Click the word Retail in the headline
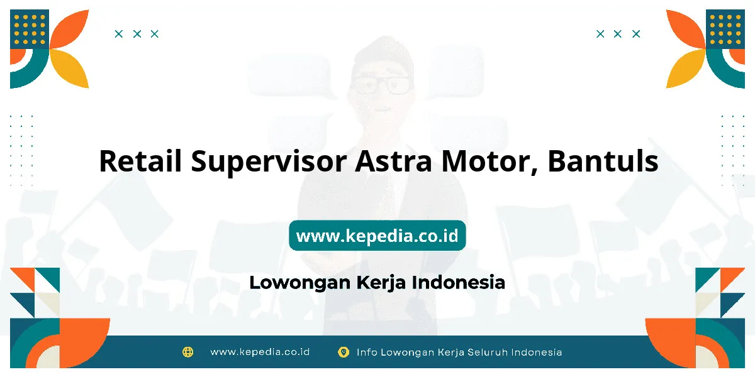[x=140, y=161]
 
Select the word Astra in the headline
[x=393, y=161]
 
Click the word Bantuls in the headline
[x=603, y=161]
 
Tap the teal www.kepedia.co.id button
[x=377, y=236]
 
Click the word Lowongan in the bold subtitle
[x=300, y=283]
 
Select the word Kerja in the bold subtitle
[x=381, y=283]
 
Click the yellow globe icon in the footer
[x=188, y=352]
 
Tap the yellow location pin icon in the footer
[x=344, y=352]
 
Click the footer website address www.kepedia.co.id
[x=260, y=352]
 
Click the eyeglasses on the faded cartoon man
[x=381, y=85]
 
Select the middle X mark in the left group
[x=137, y=34]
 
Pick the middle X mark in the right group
[x=617, y=34]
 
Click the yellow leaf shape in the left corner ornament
[x=70, y=68]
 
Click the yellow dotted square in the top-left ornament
[x=30, y=30]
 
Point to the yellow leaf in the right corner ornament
[x=685, y=68]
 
